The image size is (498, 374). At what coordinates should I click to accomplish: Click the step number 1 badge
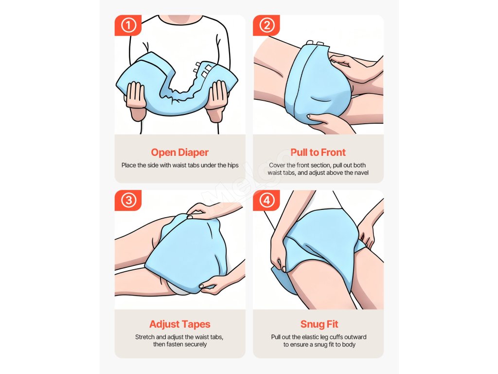click(x=128, y=25)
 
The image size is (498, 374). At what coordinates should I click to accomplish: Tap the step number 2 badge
click(x=267, y=25)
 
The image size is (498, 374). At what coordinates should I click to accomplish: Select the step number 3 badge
click(x=128, y=200)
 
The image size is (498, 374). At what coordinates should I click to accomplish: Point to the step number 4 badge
click(x=267, y=200)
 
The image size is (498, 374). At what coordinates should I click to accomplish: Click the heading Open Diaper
click(x=180, y=152)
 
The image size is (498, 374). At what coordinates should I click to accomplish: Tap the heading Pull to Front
click(x=318, y=152)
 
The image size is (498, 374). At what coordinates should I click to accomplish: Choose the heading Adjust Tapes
click(x=180, y=324)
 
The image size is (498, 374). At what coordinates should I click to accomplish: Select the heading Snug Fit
click(x=319, y=324)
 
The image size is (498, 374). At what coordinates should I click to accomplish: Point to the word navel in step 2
click(x=361, y=173)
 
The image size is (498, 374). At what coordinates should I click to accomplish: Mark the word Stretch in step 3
click(x=145, y=337)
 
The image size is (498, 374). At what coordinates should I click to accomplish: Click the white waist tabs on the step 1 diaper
click(x=203, y=70)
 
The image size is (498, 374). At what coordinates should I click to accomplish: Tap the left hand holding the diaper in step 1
click(x=136, y=98)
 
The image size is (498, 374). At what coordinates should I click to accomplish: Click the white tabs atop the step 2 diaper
click(x=315, y=43)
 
